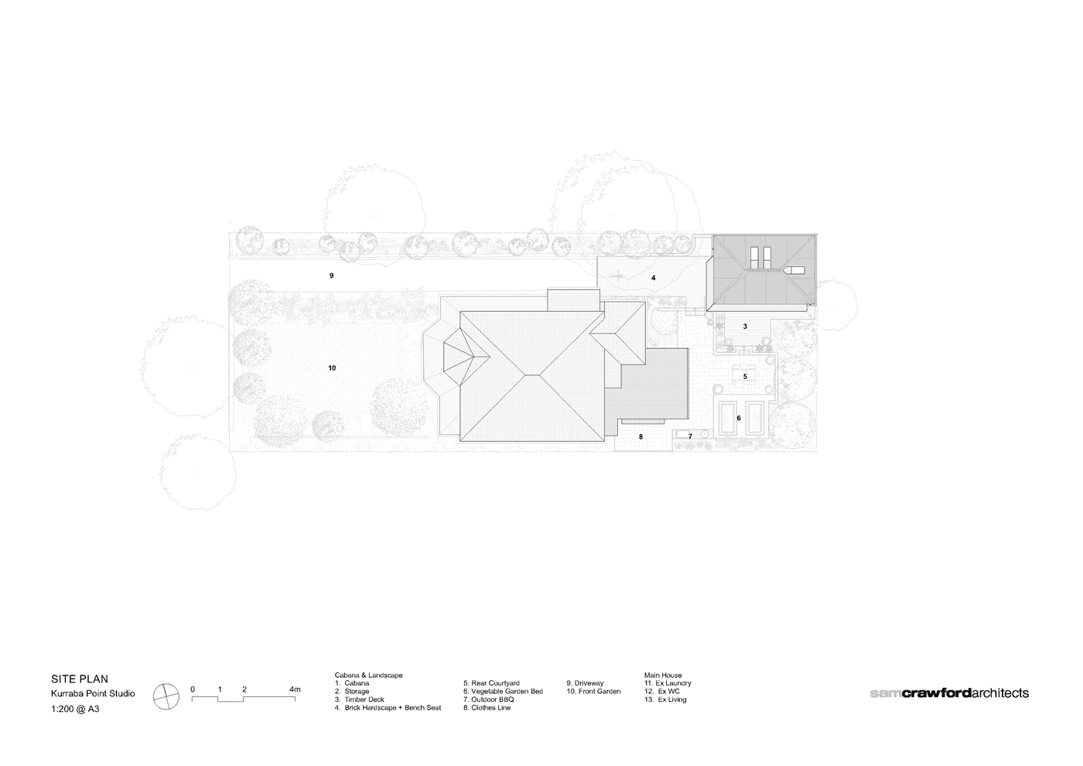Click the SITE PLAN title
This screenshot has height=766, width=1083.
pyautogui.click(x=80, y=679)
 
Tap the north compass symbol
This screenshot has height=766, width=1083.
pyautogui.click(x=166, y=697)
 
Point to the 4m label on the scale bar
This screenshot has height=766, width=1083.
pyautogui.click(x=295, y=689)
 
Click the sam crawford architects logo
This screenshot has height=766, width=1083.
pyautogui.click(x=949, y=693)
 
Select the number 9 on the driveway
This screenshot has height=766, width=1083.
pyautogui.click(x=331, y=275)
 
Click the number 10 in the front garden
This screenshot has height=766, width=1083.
pyautogui.click(x=332, y=368)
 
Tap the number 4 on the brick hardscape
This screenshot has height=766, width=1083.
pyautogui.click(x=653, y=278)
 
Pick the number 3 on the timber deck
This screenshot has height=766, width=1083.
pyautogui.click(x=745, y=327)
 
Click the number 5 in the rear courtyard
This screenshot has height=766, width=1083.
pyautogui.click(x=745, y=376)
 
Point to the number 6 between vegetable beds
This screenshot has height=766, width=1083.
pyautogui.click(x=739, y=419)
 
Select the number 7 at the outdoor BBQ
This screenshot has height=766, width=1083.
pyautogui.click(x=690, y=436)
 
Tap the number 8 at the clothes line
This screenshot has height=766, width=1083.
pyautogui.click(x=641, y=436)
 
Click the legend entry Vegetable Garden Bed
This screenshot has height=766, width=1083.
pyautogui.click(x=503, y=692)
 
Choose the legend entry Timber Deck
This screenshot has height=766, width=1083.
pyautogui.click(x=360, y=699)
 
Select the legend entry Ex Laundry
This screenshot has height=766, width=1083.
pyautogui.click(x=668, y=683)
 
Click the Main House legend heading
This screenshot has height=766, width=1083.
pyautogui.click(x=663, y=675)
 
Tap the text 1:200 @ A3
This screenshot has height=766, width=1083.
pyautogui.click(x=75, y=710)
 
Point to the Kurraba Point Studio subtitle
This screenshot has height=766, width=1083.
pyautogui.click(x=93, y=693)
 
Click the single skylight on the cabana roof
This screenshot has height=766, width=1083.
pyautogui.click(x=795, y=270)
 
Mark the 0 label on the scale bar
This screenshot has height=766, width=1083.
pyautogui.click(x=193, y=689)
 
